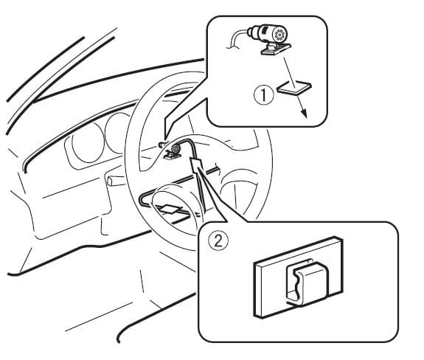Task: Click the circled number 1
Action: click(263, 96)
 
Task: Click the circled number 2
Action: click(218, 240)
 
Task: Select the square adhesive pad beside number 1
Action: click(294, 87)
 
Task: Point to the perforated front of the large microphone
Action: click(279, 35)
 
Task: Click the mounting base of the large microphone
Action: click(276, 49)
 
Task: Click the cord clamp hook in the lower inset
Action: click(307, 283)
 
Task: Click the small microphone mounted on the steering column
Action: click(176, 148)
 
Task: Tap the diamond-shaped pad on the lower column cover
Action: click(170, 208)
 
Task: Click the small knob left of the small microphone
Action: click(161, 145)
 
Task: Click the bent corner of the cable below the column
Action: click(142, 201)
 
